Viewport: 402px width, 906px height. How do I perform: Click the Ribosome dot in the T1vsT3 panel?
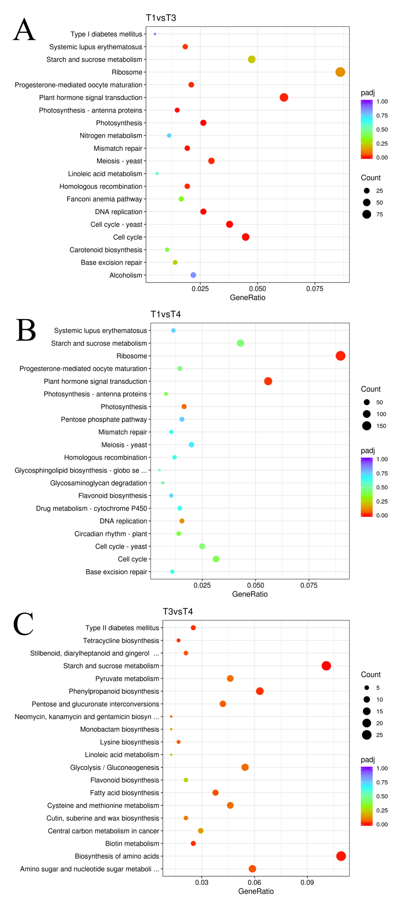click(x=340, y=72)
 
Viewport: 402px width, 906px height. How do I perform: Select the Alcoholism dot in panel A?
click(x=193, y=275)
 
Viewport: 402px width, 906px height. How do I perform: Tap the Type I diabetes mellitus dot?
click(x=155, y=34)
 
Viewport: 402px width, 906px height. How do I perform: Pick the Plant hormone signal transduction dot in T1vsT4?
click(x=268, y=381)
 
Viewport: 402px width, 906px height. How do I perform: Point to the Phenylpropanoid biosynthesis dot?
click(x=260, y=691)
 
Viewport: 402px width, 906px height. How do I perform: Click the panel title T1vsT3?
click(x=161, y=18)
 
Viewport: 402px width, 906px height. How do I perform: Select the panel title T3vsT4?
click(x=178, y=611)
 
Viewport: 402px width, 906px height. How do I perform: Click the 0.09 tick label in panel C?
click(x=307, y=882)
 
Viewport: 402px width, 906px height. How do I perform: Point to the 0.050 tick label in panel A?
click(x=258, y=289)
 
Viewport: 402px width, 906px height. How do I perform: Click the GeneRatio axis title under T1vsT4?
click(x=250, y=594)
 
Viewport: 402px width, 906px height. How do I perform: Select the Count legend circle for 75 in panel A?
click(x=366, y=214)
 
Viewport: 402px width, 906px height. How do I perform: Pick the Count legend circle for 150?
click(x=366, y=426)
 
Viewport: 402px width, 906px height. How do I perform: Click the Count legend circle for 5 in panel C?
click(x=366, y=688)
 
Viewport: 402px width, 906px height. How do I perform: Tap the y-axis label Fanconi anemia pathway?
click(x=104, y=199)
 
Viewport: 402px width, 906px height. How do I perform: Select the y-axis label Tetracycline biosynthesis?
click(x=121, y=641)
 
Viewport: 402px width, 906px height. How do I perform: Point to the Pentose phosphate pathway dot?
click(x=182, y=419)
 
